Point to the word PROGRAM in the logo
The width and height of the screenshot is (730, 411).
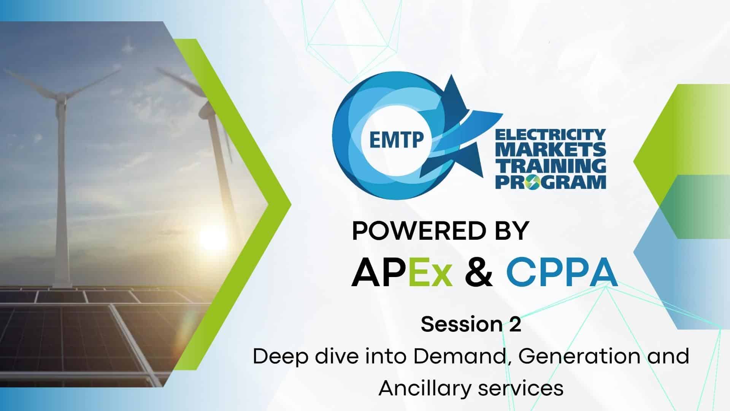[551, 182]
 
